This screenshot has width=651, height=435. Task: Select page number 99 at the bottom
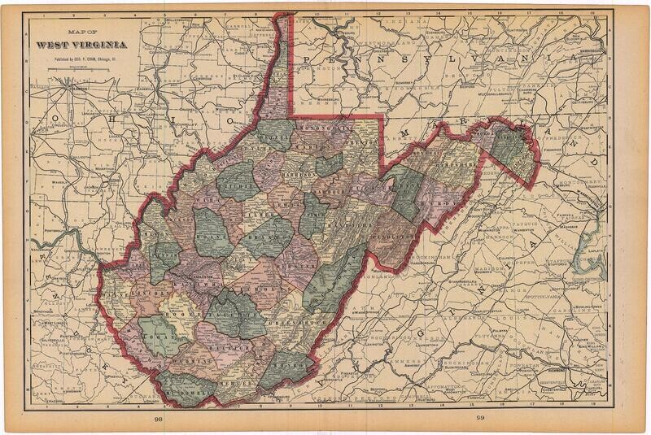480,418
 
